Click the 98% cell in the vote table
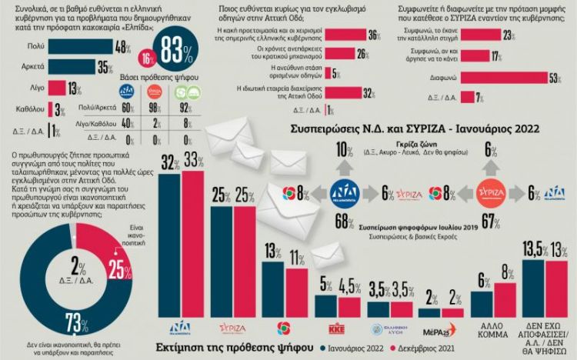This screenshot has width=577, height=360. [x=154, y=109]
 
